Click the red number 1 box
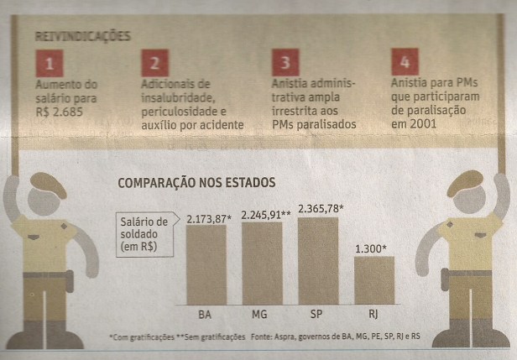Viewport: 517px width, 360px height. point(49,64)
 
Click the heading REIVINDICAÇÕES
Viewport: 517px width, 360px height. point(82,37)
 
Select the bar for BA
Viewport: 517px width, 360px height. point(206,265)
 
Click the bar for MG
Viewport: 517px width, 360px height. point(262,262)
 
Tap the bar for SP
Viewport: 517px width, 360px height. point(318,260)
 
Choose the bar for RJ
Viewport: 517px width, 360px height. point(373,280)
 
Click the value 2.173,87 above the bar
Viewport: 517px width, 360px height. point(209,218)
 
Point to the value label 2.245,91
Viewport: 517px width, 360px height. point(266,214)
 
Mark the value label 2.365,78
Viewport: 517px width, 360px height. point(323,208)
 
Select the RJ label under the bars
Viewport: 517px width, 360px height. point(373,316)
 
